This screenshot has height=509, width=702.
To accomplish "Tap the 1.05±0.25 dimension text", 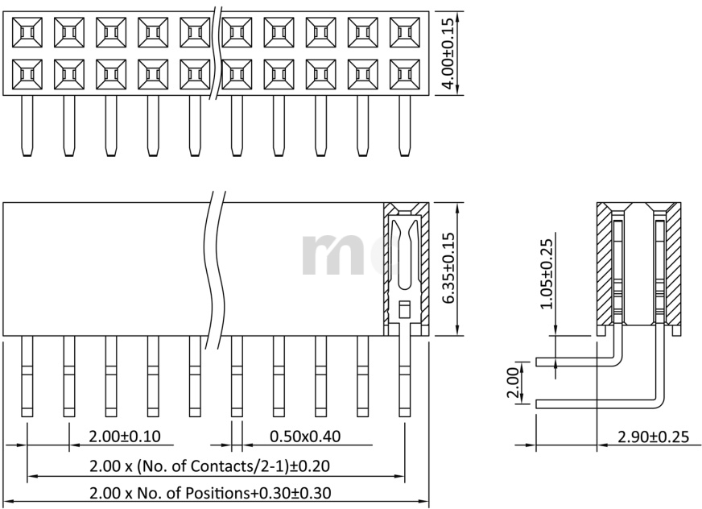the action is (x=546, y=274).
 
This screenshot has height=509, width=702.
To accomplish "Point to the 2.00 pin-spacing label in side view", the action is (x=513, y=383).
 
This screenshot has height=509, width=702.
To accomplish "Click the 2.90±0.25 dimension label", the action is (x=653, y=437).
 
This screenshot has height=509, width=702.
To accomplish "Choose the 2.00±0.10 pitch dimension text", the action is (x=125, y=436).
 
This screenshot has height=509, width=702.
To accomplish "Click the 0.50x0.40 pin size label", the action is (x=305, y=436).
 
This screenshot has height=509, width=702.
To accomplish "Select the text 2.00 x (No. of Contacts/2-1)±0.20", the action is (x=209, y=466).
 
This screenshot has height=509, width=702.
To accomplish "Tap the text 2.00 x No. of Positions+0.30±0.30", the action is (x=210, y=494).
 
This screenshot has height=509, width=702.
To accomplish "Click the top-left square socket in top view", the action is (x=27, y=32).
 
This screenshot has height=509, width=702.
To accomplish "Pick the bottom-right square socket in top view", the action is (x=405, y=74).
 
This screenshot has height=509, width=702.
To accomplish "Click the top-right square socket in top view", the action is (x=405, y=32).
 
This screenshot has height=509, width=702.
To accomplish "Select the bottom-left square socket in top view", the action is (x=27, y=74).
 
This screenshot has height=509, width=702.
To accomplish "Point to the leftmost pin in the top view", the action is (x=27, y=126).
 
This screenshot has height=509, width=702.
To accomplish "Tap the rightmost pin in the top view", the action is (x=405, y=126).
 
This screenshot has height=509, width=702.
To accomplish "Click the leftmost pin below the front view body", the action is (x=27, y=376).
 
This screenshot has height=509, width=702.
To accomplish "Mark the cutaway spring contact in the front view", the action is (x=405, y=269).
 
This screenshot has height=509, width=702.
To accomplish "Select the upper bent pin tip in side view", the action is (x=537, y=362).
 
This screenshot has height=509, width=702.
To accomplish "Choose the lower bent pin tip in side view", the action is (x=537, y=404).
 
